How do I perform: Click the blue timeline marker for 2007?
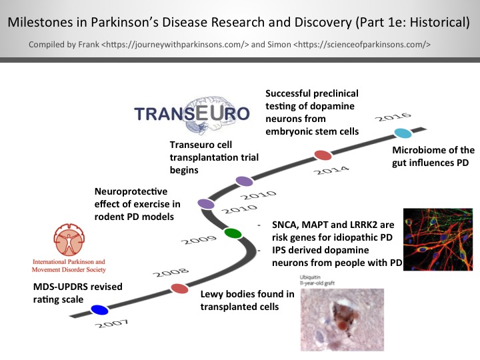[x=99, y=309]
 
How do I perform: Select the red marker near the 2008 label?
[x=179, y=289]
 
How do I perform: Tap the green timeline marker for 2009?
[x=233, y=233]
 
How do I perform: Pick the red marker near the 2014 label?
[x=323, y=155]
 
